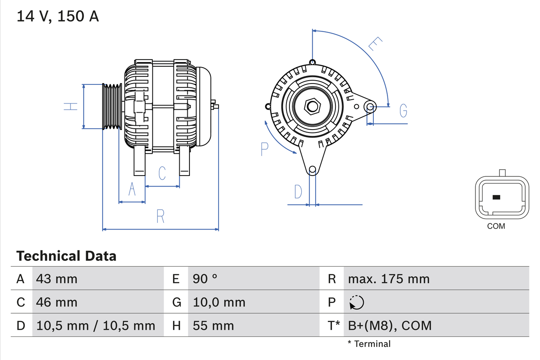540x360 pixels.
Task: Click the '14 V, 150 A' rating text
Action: tap(58, 16)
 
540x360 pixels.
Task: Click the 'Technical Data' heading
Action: tap(66, 256)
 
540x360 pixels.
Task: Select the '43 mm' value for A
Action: tap(57, 279)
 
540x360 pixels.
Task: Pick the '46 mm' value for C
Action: tap(57, 302)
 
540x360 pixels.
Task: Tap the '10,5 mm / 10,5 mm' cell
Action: tap(96, 325)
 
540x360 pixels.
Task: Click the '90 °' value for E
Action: tap(205, 279)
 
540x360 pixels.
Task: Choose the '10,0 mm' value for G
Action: tap(219, 302)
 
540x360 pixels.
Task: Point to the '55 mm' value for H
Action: tap(213, 325)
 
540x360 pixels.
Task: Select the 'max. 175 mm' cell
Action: tap(389, 279)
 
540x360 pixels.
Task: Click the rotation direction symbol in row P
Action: tap(356, 302)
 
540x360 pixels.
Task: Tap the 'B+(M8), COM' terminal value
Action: tap(390, 325)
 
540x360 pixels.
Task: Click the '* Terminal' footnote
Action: tap(369, 344)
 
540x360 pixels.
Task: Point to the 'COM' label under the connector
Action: tap(496, 226)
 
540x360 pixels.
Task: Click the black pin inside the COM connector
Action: tap(497, 197)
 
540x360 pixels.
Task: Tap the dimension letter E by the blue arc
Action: tap(375, 44)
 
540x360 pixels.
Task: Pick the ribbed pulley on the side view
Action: tap(112, 106)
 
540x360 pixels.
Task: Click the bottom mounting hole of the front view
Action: tap(312, 170)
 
